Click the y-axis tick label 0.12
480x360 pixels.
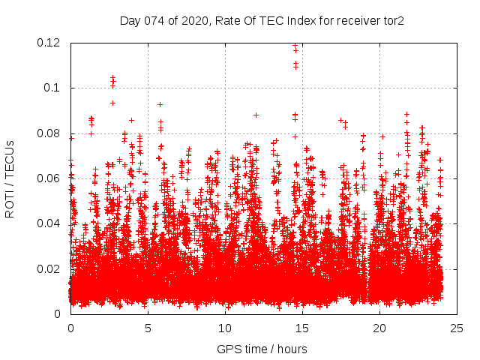coord(49,43)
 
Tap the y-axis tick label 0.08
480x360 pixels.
coord(49,133)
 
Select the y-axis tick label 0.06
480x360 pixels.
coord(49,178)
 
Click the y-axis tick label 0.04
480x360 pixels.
coord(49,223)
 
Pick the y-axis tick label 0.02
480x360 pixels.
coord(49,268)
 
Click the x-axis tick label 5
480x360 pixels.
coord(148,328)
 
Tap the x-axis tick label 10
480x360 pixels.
coord(225,328)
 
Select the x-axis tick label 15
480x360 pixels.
coord(302,328)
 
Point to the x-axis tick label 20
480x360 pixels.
coord(379,328)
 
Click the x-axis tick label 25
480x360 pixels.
coord(457,328)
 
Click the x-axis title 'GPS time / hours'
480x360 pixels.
coord(262,349)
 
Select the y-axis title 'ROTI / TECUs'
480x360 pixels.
coord(10,178)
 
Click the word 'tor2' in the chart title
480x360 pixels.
coord(392,20)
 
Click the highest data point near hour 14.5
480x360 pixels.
coord(295,46)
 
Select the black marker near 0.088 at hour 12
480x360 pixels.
coord(256,115)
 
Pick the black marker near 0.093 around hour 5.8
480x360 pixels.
coord(160,104)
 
